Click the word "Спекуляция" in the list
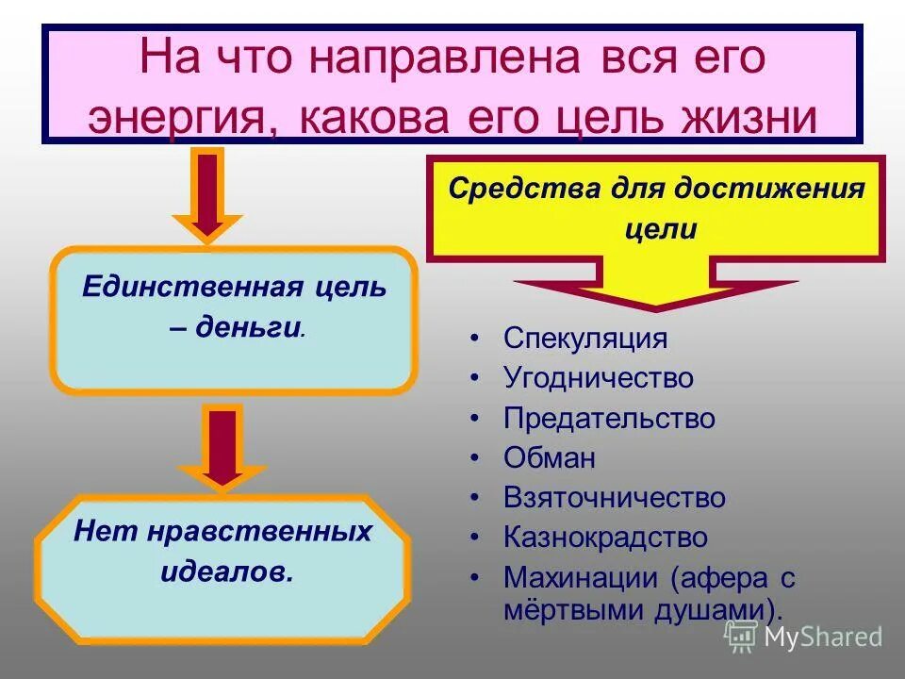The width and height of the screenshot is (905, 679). (584, 339)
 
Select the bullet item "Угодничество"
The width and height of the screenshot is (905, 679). (598, 378)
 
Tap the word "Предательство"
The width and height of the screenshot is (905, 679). (609, 418)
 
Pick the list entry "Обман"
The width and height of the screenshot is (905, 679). (550, 457)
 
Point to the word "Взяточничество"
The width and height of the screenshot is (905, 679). (615, 497)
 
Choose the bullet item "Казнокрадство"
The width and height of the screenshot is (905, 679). (605, 537)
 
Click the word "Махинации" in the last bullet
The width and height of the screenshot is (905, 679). (581, 576)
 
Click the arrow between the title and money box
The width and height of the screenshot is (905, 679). (208, 195)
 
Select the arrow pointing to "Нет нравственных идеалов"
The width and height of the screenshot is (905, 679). (222, 446)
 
